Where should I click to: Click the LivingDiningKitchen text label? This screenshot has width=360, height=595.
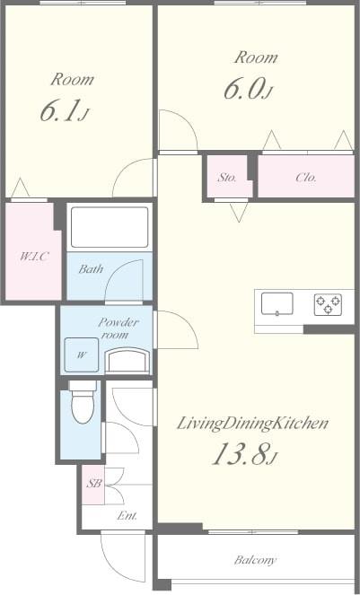pyautogui.click(x=251, y=423)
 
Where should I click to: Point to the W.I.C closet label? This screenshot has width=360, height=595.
pyautogui.click(x=34, y=258)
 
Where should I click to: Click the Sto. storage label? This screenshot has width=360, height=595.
pyautogui.click(x=227, y=178)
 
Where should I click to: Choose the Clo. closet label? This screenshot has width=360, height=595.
pyautogui.click(x=306, y=178)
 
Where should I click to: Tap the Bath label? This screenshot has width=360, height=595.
pyautogui.click(x=90, y=268)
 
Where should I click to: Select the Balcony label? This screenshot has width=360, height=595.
pyautogui.click(x=256, y=560)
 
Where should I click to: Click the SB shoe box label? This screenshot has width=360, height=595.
pyautogui.click(x=92, y=484)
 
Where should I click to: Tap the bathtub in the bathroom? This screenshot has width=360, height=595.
pyautogui.click(x=109, y=227)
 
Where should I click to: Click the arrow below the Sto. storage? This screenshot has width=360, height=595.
pyautogui.click(x=238, y=212)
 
